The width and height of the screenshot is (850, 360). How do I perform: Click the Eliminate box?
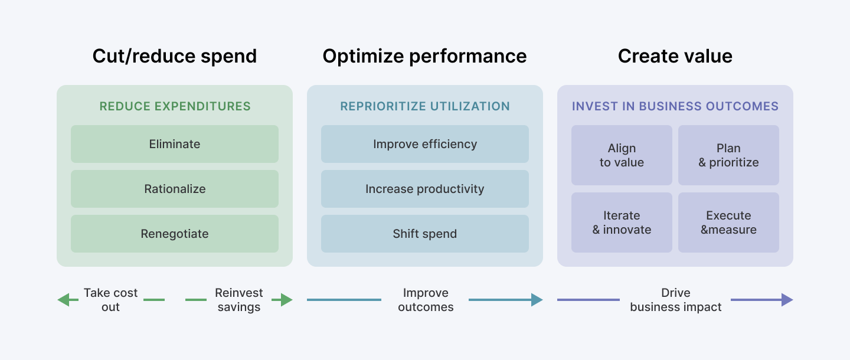[175, 144]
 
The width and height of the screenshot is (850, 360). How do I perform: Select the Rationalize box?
[175, 189]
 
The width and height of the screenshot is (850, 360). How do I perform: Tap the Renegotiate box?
[175, 234]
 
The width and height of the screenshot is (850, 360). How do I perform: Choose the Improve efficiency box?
[425, 144]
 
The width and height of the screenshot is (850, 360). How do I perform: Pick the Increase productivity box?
[425, 189]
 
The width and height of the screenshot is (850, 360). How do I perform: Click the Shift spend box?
[425, 234]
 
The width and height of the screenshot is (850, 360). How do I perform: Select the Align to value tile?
[622, 155]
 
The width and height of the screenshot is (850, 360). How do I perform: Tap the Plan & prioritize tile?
[728, 155]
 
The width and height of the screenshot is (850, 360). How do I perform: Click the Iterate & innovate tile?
[622, 222]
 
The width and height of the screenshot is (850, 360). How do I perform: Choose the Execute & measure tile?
[728, 222]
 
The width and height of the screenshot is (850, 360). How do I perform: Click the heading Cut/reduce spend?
[175, 56]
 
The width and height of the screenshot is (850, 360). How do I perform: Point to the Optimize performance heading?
[424, 56]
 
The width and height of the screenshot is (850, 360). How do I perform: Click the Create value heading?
[675, 56]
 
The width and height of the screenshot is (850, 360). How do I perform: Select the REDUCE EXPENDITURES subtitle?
[175, 107]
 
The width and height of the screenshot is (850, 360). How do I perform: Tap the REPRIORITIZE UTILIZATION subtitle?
[425, 107]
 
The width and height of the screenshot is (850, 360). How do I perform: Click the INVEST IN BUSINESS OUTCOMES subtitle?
[675, 107]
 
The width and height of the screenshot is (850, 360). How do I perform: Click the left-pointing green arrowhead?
[63, 300]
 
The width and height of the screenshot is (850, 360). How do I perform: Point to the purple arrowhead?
[787, 300]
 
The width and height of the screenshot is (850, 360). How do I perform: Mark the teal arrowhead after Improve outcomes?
[537, 300]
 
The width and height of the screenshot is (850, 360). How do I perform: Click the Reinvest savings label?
[239, 300]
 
